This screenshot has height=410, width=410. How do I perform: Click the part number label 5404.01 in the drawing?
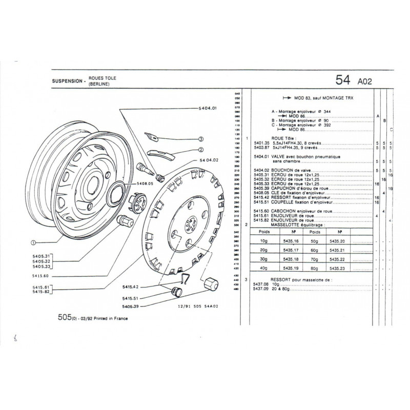pos(208,109)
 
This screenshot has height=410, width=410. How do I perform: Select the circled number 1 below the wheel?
pos(33,242)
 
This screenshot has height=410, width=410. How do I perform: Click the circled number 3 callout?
pos(201,139)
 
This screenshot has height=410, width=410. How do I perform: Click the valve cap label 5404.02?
pos(208,160)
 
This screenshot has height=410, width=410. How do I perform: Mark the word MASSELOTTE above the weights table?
pos(270,225)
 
